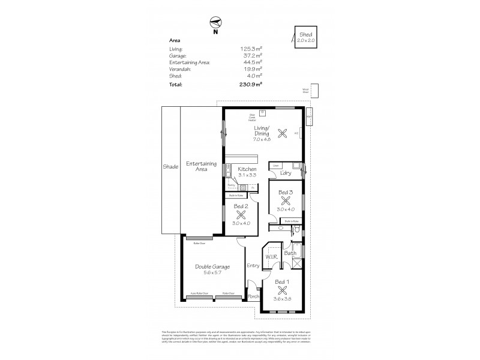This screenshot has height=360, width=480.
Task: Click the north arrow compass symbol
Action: pos(214,23)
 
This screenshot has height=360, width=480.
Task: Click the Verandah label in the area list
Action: pos(180,69)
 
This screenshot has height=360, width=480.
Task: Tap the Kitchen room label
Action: pos(247,169)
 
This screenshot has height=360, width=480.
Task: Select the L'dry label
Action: pos(286,173)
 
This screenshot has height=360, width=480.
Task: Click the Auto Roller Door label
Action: pos(199,293)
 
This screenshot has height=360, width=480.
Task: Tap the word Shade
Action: pos(170,166)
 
